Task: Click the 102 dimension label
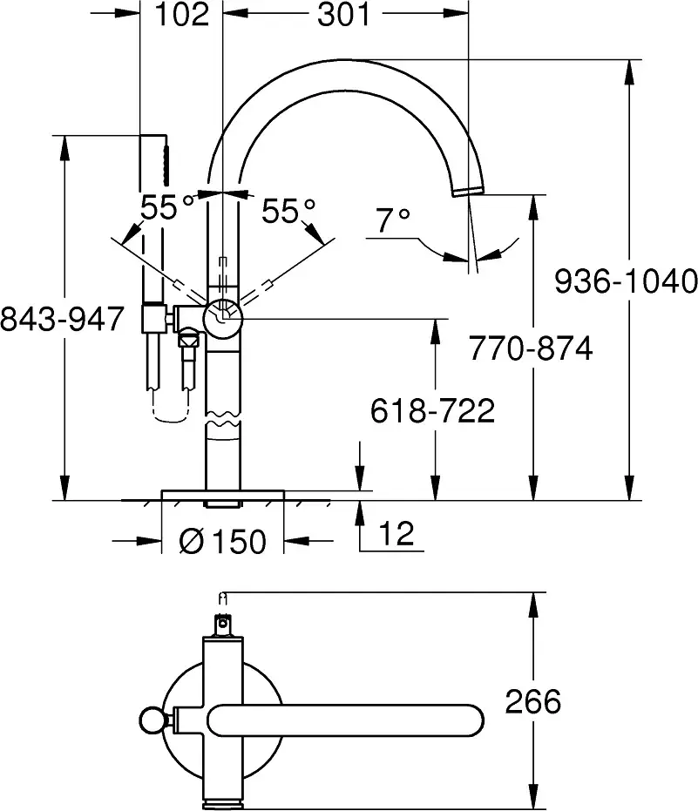pyautogui.click(x=182, y=15)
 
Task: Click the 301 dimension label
pyautogui.click(x=344, y=15)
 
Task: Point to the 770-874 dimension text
pyautogui.click(x=531, y=348)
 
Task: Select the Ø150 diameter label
pyautogui.click(x=222, y=541)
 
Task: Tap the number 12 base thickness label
pyautogui.click(x=396, y=533)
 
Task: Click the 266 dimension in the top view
pyautogui.click(x=533, y=702)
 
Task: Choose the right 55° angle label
pyautogui.click(x=288, y=211)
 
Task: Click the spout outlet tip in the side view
pyautogui.click(x=468, y=191)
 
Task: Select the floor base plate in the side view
pyautogui.click(x=222, y=495)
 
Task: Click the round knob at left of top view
pyautogui.click(x=152, y=720)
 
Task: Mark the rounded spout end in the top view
pyautogui.click(x=471, y=720)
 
